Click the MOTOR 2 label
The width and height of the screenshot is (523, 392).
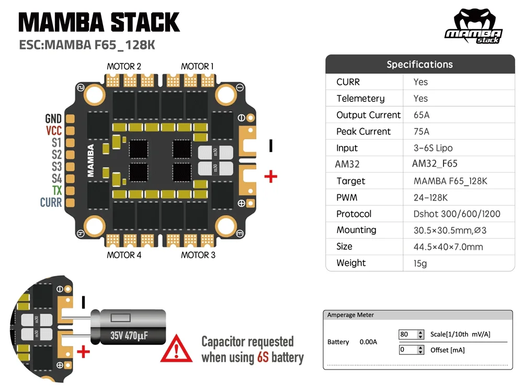124,66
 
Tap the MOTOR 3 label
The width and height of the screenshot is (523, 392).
198,255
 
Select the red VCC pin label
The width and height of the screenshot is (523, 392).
54,131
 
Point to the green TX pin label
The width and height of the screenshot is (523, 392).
57,190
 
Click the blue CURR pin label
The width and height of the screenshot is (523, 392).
51,202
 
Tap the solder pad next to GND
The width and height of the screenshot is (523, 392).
70,119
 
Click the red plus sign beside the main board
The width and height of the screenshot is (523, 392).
271,177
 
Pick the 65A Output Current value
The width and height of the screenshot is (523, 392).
422,115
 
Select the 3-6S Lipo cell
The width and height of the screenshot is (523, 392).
433,148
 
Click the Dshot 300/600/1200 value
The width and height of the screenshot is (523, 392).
457,214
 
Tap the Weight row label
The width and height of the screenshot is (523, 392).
351,263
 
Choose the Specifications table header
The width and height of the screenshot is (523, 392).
420,64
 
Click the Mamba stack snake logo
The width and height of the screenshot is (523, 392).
474,26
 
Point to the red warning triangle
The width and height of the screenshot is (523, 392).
176,349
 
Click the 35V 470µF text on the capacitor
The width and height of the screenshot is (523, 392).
129,336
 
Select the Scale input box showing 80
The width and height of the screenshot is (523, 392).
411,335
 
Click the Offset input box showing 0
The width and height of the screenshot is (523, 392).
411,350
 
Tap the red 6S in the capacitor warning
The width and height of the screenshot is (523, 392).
263,358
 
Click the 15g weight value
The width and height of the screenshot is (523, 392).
420,263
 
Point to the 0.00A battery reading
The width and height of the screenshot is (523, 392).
368,342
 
